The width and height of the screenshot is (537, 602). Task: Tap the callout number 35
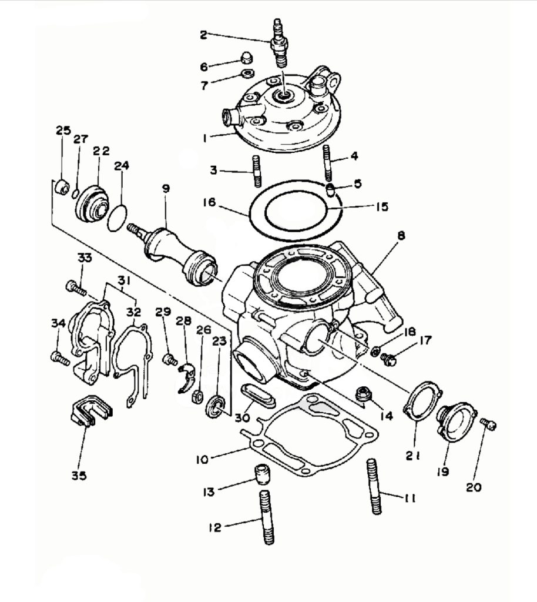(79, 475)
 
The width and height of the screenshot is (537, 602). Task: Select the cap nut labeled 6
(247, 58)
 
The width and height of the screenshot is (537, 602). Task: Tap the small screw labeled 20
(488, 424)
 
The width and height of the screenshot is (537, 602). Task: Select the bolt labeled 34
(59, 357)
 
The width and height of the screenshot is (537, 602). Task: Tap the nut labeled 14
(363, 393)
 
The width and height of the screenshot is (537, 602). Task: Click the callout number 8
(401, 236)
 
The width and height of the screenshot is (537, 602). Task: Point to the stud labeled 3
(256, 171)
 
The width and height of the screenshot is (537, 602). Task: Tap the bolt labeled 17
(388, 358)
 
